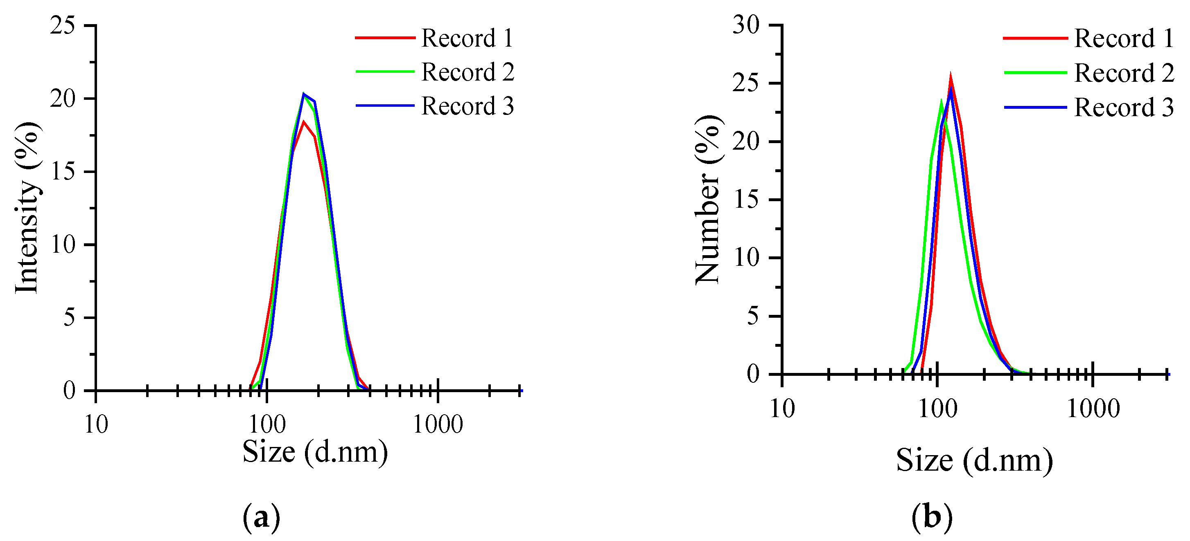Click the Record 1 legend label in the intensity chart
(467, 38)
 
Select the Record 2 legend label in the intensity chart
(467, 72)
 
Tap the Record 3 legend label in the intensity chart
(467, 106)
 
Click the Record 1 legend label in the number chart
(1123, 38)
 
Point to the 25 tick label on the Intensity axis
(63, 25)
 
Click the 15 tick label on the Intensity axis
(63, 171)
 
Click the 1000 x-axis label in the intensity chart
(438, 424)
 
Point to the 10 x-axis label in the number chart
(782, 409)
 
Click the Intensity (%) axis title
(28, 208)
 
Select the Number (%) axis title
(708, 200)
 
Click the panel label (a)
(261, 517)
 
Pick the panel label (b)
(932, 517)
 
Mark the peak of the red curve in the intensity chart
(303, 122)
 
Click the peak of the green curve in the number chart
(941, 101)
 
